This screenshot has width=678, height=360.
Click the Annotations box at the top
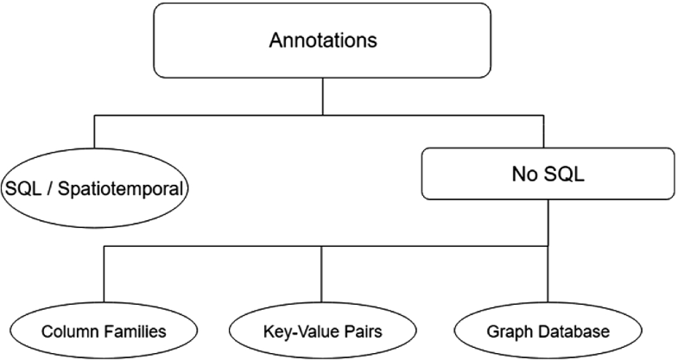(x=322, y=41)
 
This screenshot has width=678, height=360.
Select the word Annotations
(x=322, y=41)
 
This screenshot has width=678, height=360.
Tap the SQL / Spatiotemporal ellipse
(x=94, y=186)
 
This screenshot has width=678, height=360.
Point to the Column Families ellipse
(x=104, y=332)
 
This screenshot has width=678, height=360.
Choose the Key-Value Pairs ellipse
(x=322, y=332)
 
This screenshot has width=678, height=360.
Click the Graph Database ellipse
(x=548, y=332)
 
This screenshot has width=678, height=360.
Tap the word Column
(x=71, y=332)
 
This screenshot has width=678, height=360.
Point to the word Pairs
(x=356, y=332)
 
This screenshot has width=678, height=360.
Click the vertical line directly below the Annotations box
(x=322, y=95)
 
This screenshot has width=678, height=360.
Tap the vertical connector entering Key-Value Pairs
(x=322, y=276)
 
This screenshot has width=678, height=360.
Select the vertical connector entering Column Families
(x=104, y=276)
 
